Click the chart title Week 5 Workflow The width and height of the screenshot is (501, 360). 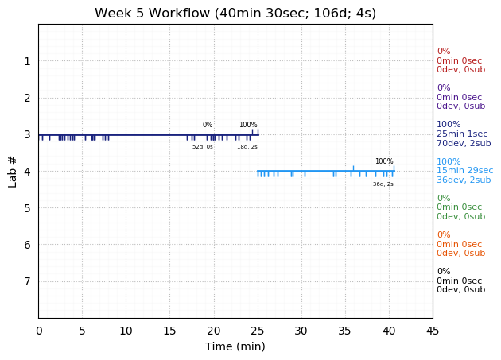pyautogui.click(x=235, y=14)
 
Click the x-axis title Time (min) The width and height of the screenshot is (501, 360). pyautogui.click(x=235, y=346)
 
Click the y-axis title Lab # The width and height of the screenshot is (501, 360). pyautogui.click(x=13, y=172)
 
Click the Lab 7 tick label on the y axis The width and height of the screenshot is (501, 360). pyautogui.click(x=27, y=281)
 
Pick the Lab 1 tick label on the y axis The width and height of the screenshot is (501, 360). pyautogui.click(x=27, y=61)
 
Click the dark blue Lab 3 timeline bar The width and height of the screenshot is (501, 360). pyautogui.click(x=143, y=134)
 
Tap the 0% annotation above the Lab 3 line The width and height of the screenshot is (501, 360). pyautogui.click(x=208, y=125)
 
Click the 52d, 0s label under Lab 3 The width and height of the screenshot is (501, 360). pyautogui.click(x=203, y=147)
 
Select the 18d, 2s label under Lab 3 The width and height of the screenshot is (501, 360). pyautogui.click(x=247, y=147)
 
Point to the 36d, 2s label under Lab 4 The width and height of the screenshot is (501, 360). pyautogui.click(x=383, y=184)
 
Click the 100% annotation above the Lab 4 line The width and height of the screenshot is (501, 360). pyautogui.click(x=384, y=161)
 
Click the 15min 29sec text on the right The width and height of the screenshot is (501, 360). pyautogui.click(x=464, y=171)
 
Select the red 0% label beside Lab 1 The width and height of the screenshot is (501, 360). pyautogui.click(x=443, y=52)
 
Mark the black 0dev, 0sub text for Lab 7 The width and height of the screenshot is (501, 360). pyautogui.click(x=460, y=290)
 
